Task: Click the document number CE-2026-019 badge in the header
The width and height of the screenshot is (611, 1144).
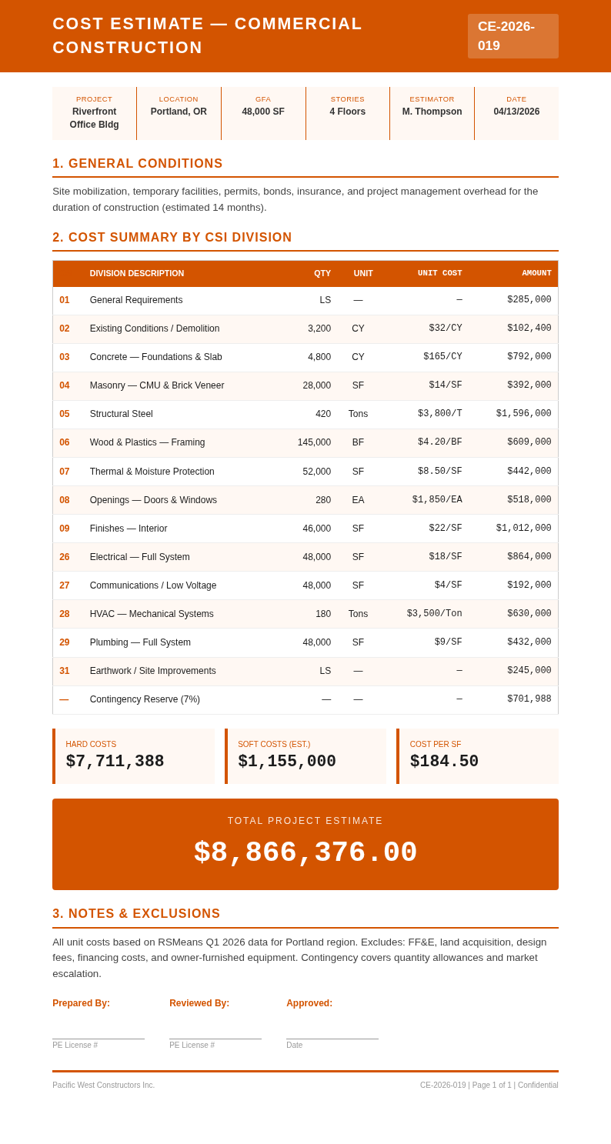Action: (x=513, y=36)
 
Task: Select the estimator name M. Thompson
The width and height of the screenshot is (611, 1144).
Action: (x=432, y=112)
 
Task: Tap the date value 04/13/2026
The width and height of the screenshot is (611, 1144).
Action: (x=516, y=112)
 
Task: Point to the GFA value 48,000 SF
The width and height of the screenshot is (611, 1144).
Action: (x=263, y=112)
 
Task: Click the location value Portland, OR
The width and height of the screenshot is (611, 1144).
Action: (x=179, y=112)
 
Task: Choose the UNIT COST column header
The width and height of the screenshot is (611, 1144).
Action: (x=439, y=273)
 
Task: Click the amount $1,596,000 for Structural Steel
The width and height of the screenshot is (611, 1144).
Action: (x=523, y=414)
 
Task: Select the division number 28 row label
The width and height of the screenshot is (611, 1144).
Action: (x=65, y=614)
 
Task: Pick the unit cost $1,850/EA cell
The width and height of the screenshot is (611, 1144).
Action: (x=437, y=500)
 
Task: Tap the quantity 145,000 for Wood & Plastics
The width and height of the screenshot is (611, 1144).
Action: (x=314, y=442)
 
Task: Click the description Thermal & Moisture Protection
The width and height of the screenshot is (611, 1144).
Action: (x=152, y=472)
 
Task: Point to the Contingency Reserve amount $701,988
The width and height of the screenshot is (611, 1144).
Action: (x=529, y=699)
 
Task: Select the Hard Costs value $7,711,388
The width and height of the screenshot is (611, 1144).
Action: (x=115, y=762)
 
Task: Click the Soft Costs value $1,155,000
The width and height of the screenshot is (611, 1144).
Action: (x=287, y=762)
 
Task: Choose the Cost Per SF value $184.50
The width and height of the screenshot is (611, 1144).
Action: (x=444, y=762)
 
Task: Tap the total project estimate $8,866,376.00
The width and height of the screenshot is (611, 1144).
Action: (x=305, y=853)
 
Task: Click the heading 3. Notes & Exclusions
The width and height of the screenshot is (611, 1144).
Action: (x=136, y=914)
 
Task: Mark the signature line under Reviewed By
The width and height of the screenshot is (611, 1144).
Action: (x=215, y=1039)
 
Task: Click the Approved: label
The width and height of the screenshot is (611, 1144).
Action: (x=309, y=1003)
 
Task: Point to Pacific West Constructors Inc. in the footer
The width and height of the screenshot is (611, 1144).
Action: (x=103, y=1086)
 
